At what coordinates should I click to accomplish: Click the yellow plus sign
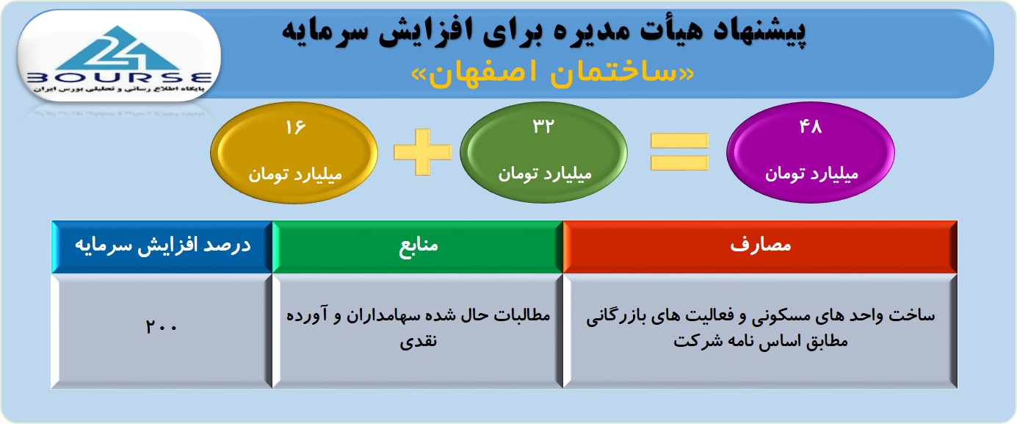tap(423, 152)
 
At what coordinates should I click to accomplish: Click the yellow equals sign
tap(679, 152)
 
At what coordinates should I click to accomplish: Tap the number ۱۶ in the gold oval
tap(296, 127)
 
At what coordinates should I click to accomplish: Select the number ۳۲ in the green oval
tap(543, 126)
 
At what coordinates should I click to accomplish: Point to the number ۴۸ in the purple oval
tap(811, 126)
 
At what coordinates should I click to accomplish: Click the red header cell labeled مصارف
tap(760, 247)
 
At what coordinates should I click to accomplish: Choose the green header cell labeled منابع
tap(418, 247)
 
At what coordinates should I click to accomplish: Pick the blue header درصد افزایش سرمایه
tap(162, 245)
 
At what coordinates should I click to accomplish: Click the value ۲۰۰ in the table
tap(161, 327)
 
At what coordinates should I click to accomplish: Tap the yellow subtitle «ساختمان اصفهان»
tap(552, 73)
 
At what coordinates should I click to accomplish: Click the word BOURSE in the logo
tap(119, 78)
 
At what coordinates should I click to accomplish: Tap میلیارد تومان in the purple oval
tap(811, 174)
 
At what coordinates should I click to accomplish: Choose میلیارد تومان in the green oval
tap(545, 174)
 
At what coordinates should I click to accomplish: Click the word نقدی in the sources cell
tap(418, 341)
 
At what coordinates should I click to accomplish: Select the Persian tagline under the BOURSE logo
tap(118, 89)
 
